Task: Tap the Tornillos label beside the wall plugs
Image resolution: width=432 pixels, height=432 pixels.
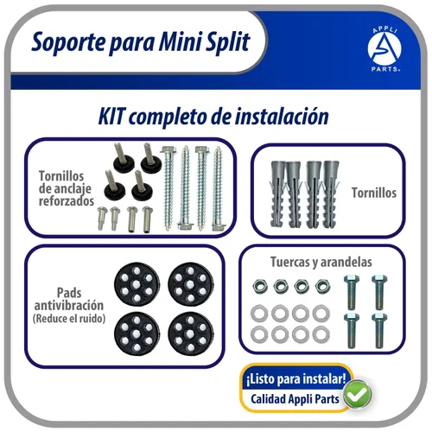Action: click(372, 193)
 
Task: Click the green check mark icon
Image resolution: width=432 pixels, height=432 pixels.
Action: click(356, 396)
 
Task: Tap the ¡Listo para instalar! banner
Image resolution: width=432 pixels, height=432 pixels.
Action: click(296, 378)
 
